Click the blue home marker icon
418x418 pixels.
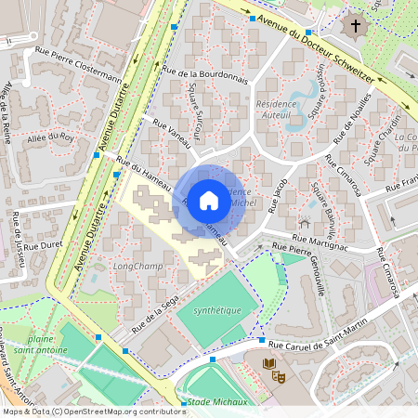pos(209,200)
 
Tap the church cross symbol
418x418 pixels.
pos(356,26)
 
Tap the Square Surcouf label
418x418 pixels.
pos(194,115)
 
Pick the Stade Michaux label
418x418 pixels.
pos(216,402)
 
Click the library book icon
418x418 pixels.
pos(269,363)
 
